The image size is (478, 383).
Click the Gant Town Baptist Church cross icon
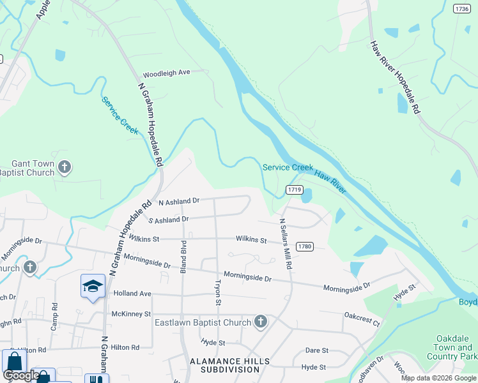coord(64,168)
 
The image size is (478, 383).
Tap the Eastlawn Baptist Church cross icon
coord(260,322)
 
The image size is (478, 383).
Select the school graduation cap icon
coord(93,287)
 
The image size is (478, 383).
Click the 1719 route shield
coord(295,190)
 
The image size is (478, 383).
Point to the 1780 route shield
coord(305,246)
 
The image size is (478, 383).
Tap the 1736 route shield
coord(461,8)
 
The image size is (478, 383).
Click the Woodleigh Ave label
coord(167,73)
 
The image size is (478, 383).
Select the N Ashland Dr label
coord(179,201)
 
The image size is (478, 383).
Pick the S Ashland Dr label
coord(168,220)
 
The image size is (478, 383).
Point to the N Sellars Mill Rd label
coord(284,244)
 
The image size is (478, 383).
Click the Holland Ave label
coord(132,294)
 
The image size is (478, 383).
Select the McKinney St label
coord(131,314)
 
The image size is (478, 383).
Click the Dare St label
coord(316,350)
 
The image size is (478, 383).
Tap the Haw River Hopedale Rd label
coord(394,78)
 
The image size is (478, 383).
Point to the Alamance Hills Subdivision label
coord(230,365)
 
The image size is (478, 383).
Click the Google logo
coord(21,375)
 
